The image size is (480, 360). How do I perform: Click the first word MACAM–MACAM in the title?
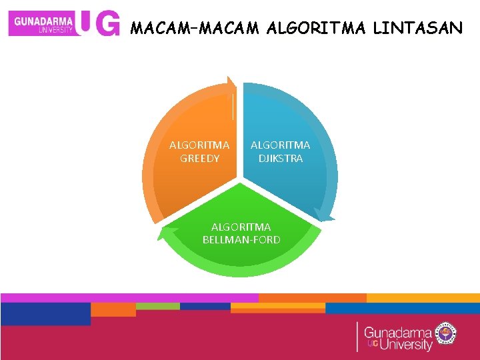pos(195,28)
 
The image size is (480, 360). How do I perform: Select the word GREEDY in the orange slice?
pos(199,159)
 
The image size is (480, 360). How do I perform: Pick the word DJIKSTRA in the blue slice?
pos(280,159)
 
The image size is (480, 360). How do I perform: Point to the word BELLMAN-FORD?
pos(241,239)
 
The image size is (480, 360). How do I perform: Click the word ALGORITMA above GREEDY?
pos(199,145)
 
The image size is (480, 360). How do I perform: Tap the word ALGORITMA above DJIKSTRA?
pos(280,145)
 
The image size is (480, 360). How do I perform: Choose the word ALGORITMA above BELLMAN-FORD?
pos(241,227)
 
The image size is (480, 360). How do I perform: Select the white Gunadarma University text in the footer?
pos(399,337)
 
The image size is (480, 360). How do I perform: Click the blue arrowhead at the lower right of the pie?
pos(323,215)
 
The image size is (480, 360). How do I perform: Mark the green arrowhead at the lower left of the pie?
pos(163,233)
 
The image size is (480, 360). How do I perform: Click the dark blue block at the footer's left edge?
pos(45,313)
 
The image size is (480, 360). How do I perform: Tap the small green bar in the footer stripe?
pos(158,306)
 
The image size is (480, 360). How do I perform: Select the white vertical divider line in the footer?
pos(357,337)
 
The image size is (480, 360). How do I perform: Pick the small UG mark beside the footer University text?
pos(373,343)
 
